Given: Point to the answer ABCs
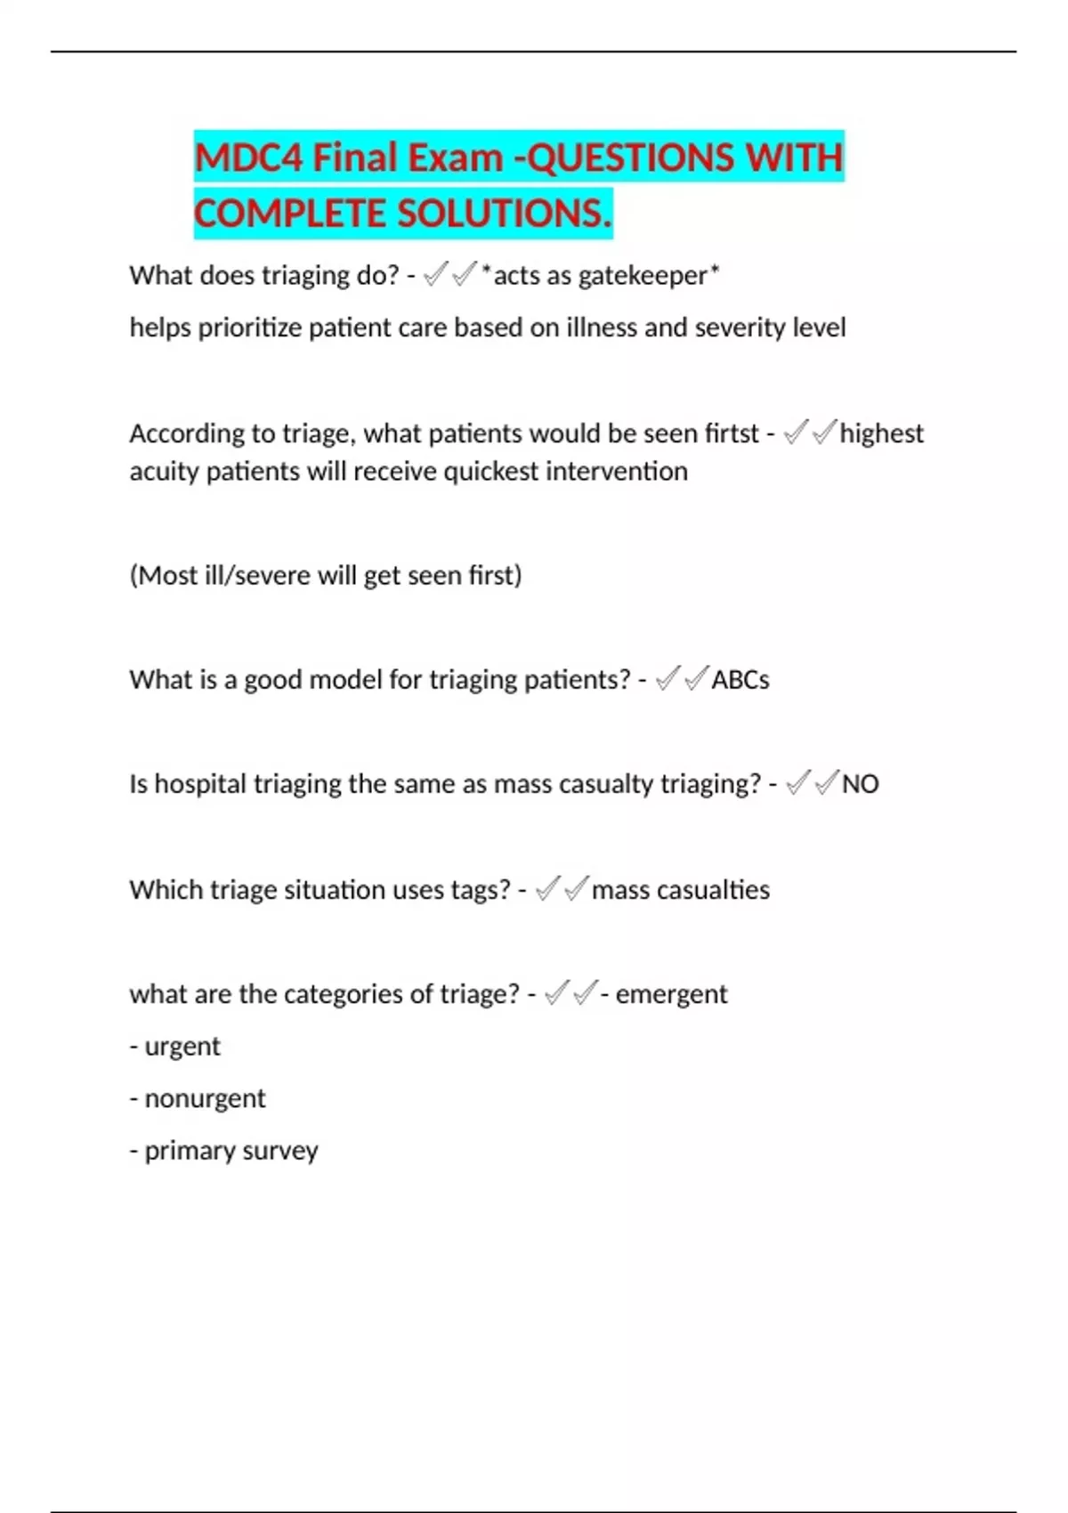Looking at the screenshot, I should (740, 680).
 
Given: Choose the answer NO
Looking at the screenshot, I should (860, 784).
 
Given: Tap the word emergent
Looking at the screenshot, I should (671, 994).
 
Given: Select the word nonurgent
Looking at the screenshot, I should (205, 1098).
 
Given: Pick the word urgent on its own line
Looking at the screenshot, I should (182, 1047).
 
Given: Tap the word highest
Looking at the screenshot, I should (881, 433).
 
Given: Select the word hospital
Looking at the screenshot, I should (200, 784).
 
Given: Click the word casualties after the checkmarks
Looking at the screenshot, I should (712, 890).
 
